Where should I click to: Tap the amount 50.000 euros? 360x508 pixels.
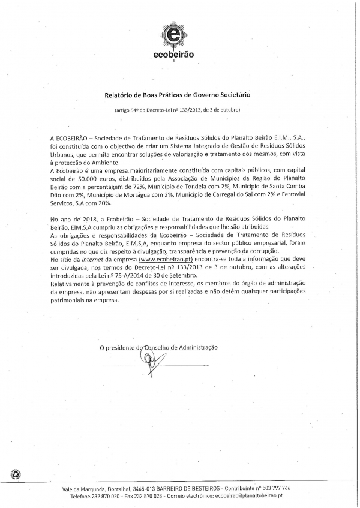[x=89, y=179]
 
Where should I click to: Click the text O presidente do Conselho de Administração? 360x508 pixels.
[x=158, y=347]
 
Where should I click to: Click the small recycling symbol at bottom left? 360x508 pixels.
[x=15, y=475]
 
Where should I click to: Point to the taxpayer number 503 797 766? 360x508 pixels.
[x=275, y=488]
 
